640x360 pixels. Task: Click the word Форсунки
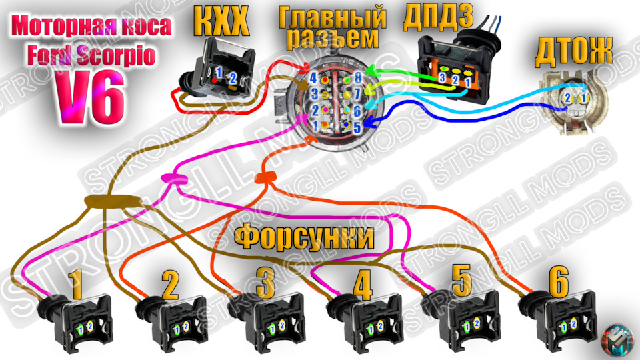coord(303,237)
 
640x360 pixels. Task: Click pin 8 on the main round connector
coord(358,77)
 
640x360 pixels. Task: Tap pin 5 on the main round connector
coord(357,125)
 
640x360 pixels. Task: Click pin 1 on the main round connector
coord(313,125)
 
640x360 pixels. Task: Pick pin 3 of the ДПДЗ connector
coord(442,79)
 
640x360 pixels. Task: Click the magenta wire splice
coord(171,178)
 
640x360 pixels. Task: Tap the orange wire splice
coord(265,177)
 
